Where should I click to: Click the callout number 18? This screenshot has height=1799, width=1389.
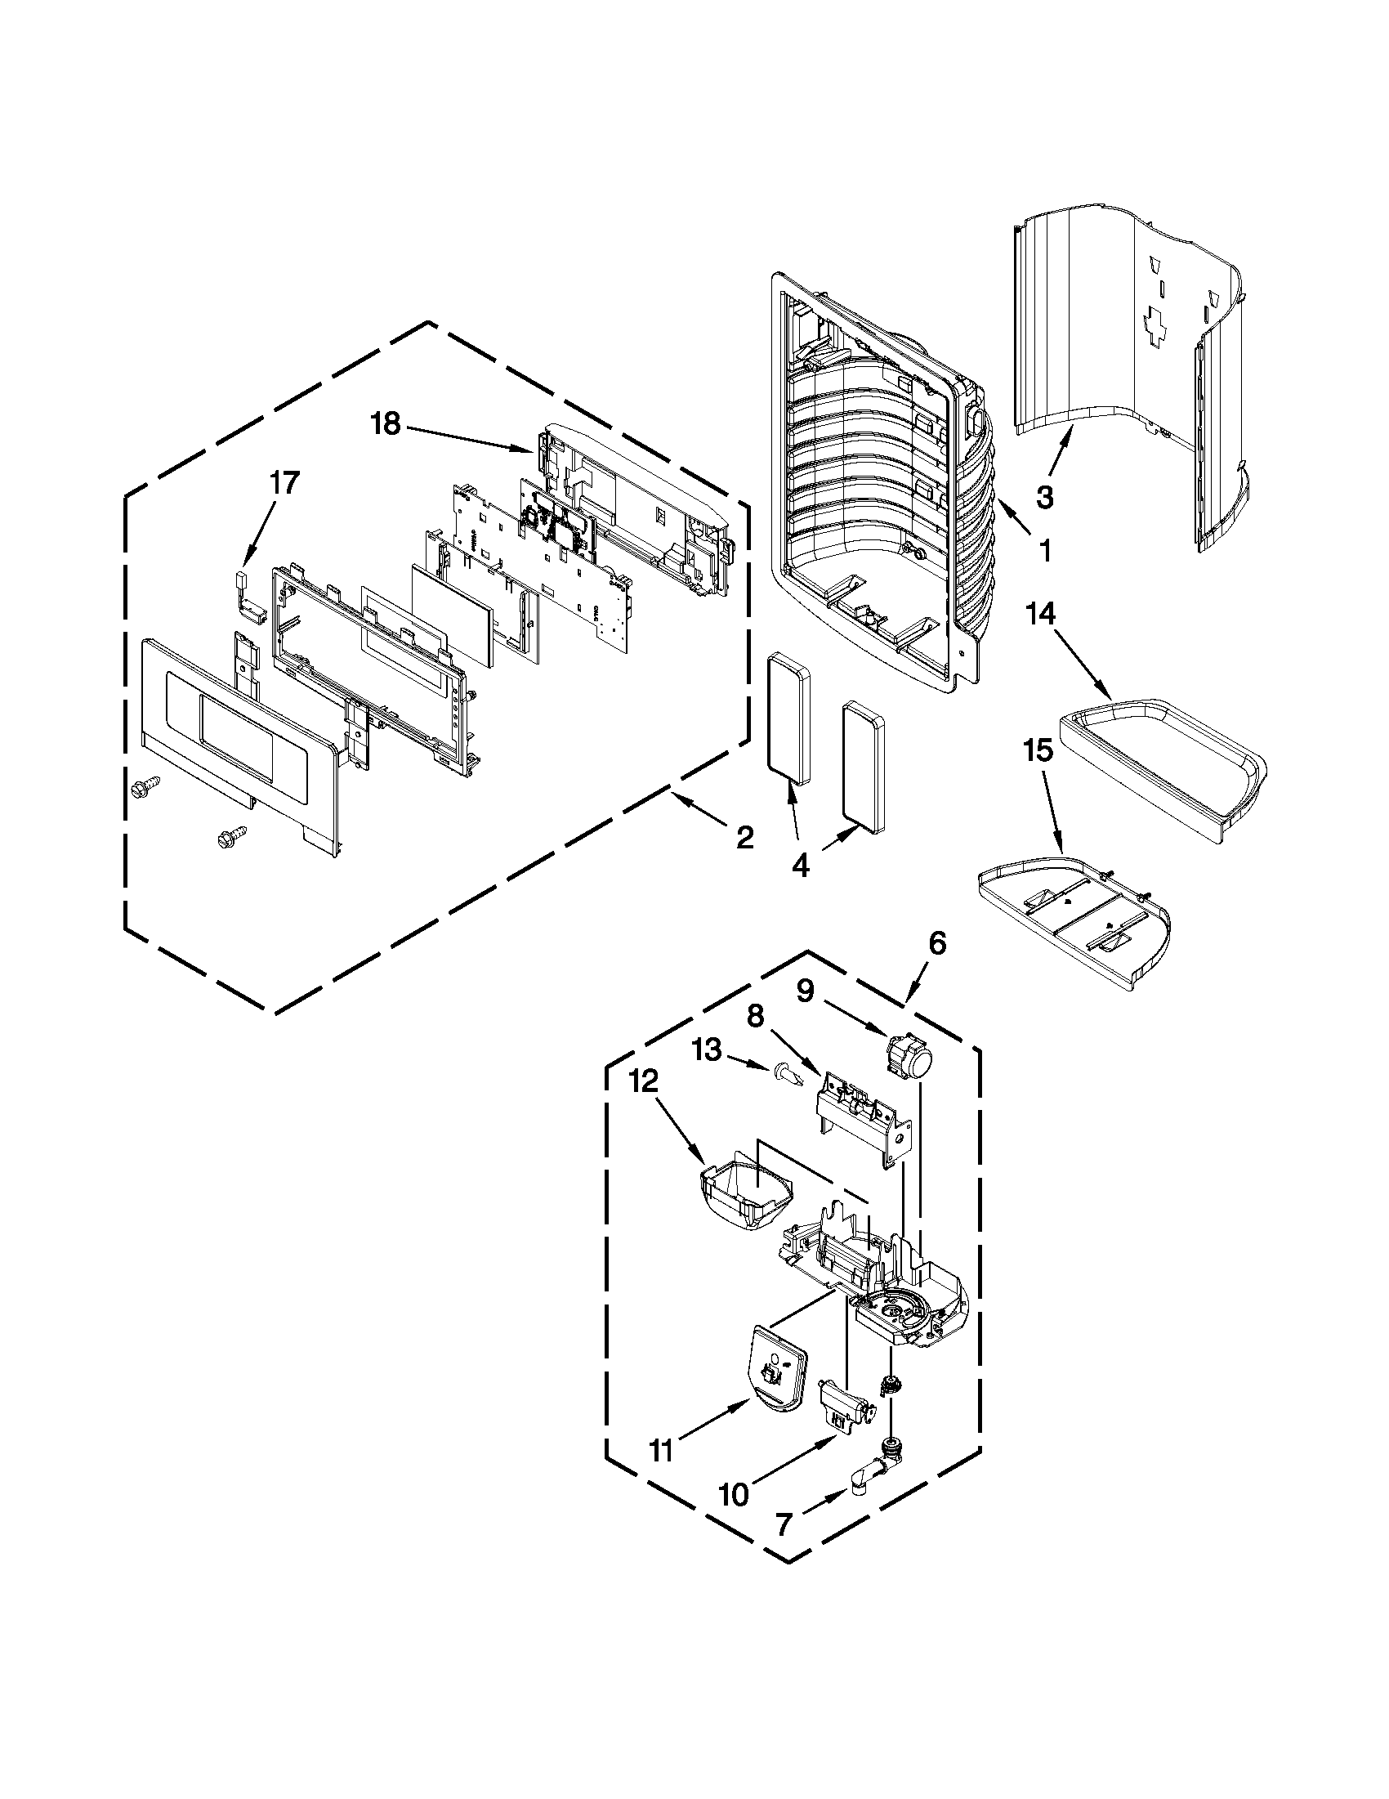point(385,425)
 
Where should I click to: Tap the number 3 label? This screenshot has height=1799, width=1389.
point(1044,497)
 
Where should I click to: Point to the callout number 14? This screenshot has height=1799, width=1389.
point(1041,615)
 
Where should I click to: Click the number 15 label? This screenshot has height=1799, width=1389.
point(1038,750)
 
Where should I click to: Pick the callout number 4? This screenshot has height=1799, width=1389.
point(800,865)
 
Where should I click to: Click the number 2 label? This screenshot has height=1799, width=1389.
point(744,839)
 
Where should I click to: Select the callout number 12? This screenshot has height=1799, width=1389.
point(644,1081)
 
